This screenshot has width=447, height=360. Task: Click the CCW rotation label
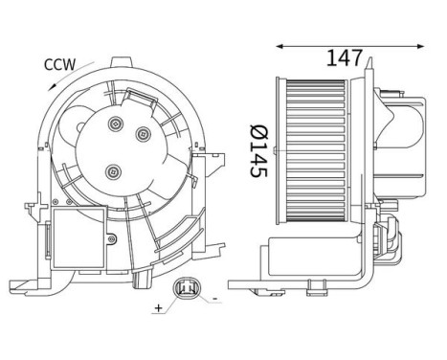tap(59, 64)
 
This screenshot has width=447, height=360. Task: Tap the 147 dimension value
tap(345, 58)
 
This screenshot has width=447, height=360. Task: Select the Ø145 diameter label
tap(259, 150)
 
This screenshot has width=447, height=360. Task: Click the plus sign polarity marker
tap(158, 308)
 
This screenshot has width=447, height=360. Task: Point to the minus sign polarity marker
tap(215, 299)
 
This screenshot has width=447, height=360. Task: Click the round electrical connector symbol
tap(185, 288)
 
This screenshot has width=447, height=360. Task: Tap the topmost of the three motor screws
tap(116, 124)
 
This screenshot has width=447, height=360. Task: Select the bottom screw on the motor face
tap(113, 172)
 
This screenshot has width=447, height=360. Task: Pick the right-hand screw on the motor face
tap(143, 134)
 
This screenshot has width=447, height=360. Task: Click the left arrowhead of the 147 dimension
tap(279, 47)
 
